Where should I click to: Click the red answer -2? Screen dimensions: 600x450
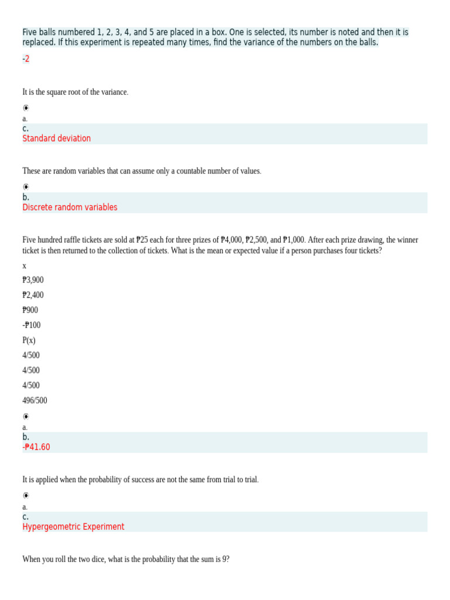point(26,59)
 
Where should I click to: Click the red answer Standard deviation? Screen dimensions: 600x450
point(56,138)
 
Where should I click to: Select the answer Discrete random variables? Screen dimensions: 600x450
point(70,207)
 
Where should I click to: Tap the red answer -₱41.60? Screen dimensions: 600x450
point(36,447)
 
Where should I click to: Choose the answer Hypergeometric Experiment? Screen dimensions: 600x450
point(73,527)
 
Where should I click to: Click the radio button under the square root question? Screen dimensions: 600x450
point(26,108)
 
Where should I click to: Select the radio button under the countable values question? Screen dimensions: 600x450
point(26,187)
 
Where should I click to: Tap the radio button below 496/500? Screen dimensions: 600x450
point(26,417)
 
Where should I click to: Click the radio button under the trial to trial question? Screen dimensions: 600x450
point(26,496)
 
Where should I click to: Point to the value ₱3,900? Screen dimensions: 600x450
point(33,280)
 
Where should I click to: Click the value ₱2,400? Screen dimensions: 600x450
point(33,295)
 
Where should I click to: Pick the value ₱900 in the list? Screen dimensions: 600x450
point(30,310)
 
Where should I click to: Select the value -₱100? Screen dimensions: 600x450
point(32,325)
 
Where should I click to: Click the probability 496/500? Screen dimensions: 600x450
point(35,401)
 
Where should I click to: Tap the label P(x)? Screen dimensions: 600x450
point(29,340)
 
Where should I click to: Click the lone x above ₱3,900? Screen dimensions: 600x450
point(24,265)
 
